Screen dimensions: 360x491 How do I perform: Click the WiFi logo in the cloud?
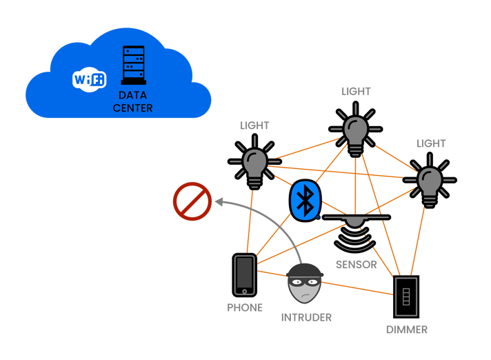click(x=89, y=80)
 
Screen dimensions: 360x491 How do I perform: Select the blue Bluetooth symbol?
click(x=303, y=201)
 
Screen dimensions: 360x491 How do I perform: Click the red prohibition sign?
click(x=192, y=201)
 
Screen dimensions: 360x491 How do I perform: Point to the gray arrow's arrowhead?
click(x=219, y=201)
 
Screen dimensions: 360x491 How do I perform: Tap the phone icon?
click(x=244, y=274)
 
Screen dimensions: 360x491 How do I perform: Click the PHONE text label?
click(x=245, y=308)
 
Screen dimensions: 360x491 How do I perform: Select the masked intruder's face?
click(x=303, y=284)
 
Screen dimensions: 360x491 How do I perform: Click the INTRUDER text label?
click(x=306, y=317)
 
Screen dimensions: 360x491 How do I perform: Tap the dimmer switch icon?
click(x=405, y=297)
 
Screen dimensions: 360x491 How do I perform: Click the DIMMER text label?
click(x=406, y=330)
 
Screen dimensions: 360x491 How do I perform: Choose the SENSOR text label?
click(x=356, y=264)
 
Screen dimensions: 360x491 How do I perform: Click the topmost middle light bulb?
click(x=356, y=128)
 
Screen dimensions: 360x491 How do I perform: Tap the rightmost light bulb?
click(x=430, y=180)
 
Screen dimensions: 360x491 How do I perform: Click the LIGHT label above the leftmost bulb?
click(x=254, y=126)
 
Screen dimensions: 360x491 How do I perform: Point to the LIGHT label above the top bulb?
click(x=356, y=91)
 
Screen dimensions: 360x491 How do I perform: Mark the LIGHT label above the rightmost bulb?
click(x=431, y=143)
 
